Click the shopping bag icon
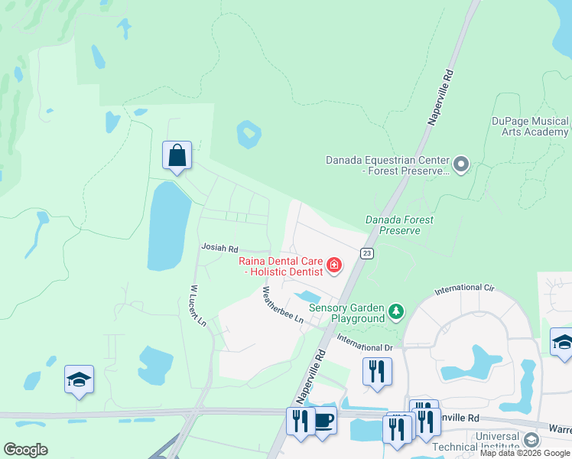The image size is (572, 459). (x=177, y=155)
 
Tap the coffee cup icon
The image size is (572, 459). (x=324, y=420)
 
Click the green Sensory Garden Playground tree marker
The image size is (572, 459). (x=395, y=311)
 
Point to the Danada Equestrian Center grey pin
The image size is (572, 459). (x=460, y=164)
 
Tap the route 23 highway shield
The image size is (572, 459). (x=367, y=253)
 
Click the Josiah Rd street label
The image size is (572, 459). (x=219, y=249)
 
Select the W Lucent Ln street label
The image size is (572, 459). (x=197, y=307)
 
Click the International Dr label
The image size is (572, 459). (x=364, y=347)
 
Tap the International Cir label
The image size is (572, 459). (x=465, y=290)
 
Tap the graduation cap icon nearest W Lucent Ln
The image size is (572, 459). (x=79, y=379)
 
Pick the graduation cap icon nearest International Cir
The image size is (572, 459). (x=562, y=342)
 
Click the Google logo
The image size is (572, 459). (x=25, y=450)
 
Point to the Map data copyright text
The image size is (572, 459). (x=525, y=453)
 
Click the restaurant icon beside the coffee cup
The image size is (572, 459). (x=300, y=421)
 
